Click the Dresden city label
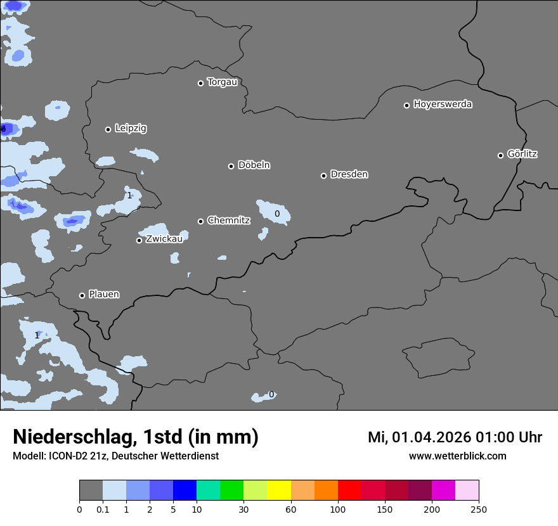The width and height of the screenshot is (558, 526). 349,174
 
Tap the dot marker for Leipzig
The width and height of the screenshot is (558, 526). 108,129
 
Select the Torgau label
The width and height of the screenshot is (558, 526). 222,82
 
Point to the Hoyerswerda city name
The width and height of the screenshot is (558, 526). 443,105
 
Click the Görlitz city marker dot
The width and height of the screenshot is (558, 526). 500,155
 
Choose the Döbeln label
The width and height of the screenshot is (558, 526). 254,165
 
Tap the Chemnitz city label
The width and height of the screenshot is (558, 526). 228,221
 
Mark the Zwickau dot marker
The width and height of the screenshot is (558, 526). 139,240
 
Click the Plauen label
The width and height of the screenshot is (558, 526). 104,295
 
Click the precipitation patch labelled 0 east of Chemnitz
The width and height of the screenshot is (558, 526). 275,212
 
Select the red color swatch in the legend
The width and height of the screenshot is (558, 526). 349,491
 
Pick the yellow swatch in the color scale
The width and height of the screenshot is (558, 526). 279,491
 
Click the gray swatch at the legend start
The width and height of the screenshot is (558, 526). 91,491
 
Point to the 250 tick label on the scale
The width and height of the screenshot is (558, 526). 479,509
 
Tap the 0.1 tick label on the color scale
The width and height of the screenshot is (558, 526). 103,509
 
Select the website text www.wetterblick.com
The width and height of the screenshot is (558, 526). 457,456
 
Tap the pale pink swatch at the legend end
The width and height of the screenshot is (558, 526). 467,491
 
